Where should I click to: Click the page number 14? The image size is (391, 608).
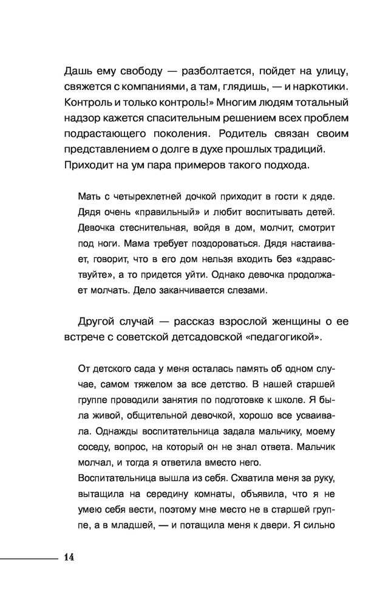[68, 557]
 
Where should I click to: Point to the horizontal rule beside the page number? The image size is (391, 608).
[27, 557]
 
